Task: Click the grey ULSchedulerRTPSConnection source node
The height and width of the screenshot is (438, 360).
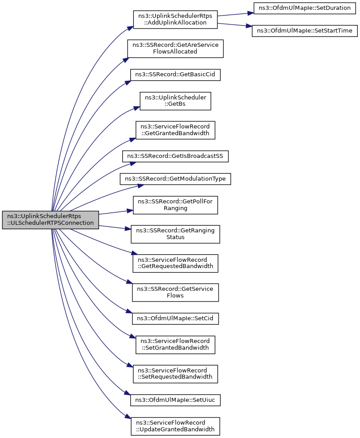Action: click(50, 220)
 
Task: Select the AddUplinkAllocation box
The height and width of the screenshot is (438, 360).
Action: click(175, 19)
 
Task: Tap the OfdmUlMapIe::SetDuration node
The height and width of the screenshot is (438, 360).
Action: click(305, 8)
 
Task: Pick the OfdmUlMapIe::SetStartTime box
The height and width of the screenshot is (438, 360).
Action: click(305, 31)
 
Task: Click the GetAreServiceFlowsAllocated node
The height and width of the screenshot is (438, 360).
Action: click(175, 49)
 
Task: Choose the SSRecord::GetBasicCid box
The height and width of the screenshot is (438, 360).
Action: click(175, 74)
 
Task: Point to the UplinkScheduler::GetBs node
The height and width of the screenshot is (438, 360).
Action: click(175, 101)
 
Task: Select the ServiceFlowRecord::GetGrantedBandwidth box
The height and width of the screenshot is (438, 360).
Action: click(175, 130)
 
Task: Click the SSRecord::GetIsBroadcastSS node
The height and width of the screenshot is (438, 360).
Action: click(175, 156)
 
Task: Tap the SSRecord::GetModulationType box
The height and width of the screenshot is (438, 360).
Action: click(175, 179)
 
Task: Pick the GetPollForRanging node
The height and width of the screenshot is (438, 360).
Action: click(175, 205)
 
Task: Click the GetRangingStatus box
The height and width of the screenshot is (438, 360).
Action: click(175, 234)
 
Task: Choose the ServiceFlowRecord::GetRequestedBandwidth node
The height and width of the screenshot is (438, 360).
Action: click(175, 263)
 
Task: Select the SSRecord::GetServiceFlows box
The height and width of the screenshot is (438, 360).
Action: click(175, 293)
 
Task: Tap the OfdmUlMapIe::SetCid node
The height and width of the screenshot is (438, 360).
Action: click(175, 318)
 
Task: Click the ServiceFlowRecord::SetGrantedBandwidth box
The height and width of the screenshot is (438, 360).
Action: click(175, 345)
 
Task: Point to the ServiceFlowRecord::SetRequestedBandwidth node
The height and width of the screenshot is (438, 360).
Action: click(175, 374)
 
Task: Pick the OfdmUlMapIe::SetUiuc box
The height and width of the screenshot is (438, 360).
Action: click(175, 400)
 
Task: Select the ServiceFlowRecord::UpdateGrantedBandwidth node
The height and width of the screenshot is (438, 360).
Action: click(175, 426)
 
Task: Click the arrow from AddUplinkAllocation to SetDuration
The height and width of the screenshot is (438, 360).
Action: click(236, 14)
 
